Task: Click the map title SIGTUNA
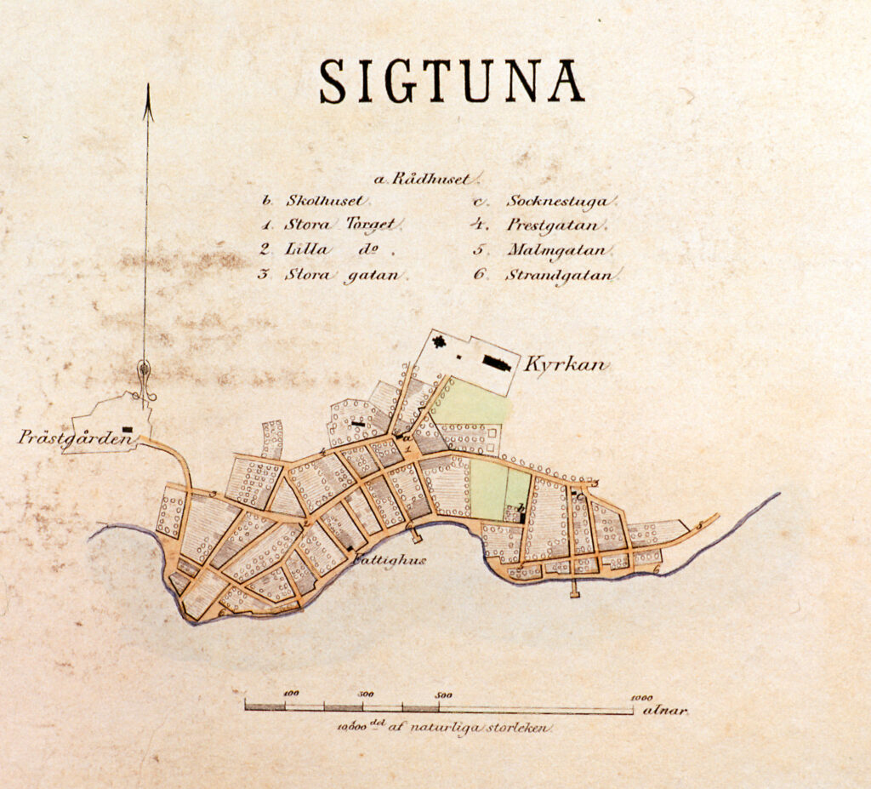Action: pos(452,82)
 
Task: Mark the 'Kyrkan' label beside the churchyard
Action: pos(565,365)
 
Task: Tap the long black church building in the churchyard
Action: pos(497,363)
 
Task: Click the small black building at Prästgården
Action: pos(128,430)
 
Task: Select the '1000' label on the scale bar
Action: pos(641,696)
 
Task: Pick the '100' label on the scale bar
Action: pos(291,694)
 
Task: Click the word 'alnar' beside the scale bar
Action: pos(665,709)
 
